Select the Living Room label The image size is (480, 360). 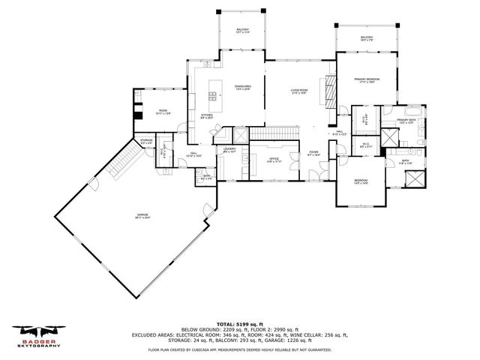tap(300, 91)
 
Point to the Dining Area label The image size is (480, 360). tap(241, 87)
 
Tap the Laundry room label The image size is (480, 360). tap(229, 150)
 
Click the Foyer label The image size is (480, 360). tap(313, 154)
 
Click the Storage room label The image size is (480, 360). tap(146, 140)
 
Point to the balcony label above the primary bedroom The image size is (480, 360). tap(367, 39)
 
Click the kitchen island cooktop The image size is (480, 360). tap(213, 95)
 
